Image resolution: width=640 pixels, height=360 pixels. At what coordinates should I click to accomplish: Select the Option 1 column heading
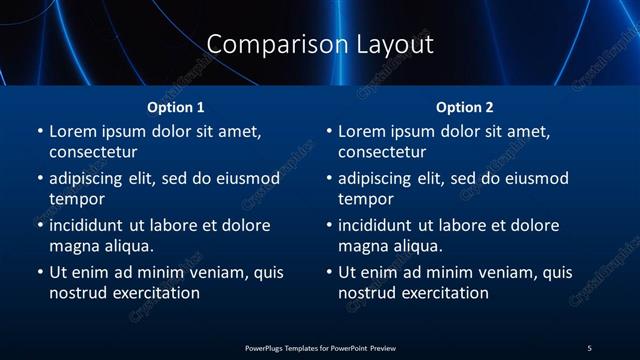pyautogui.click(x=176, y=107)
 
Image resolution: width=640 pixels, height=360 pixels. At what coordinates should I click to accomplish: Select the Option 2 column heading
pyautogui.click(x=465, y=107)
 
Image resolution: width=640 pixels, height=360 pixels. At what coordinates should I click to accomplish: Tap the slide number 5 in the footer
pyautogui.click(x=589, y=347)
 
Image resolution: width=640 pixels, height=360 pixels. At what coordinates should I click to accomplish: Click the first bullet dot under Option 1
pyautogui.click(x=39, y=132)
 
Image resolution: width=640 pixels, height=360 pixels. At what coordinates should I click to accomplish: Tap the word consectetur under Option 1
pyautogui.click(x=93, y=152)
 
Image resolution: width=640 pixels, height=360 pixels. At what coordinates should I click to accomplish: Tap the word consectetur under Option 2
pyautogui.click(x=382, y=152)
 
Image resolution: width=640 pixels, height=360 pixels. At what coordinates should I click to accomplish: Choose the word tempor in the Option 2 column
pyautogui.click(x=365, y=199)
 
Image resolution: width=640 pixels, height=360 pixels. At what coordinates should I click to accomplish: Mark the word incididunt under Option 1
pyautogui.click(x=88, y=226)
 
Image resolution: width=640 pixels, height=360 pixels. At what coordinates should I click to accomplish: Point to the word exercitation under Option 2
pyautogui.click(x=442, y=293)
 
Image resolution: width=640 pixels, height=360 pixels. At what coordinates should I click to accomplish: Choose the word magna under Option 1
pyautogui.click(x=73, y=246)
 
